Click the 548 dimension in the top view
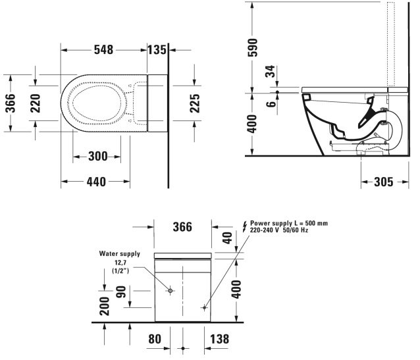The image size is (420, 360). pos(103,50)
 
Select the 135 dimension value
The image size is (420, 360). pos(158,50)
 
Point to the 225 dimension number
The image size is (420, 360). pos(194,103)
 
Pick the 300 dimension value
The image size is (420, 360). pos(97,157)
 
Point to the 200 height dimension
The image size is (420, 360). pos(105,306)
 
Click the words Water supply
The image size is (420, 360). pos(120,253)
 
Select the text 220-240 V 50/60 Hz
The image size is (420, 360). pos(279,230)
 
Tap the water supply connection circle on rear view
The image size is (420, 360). pos(169,290)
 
